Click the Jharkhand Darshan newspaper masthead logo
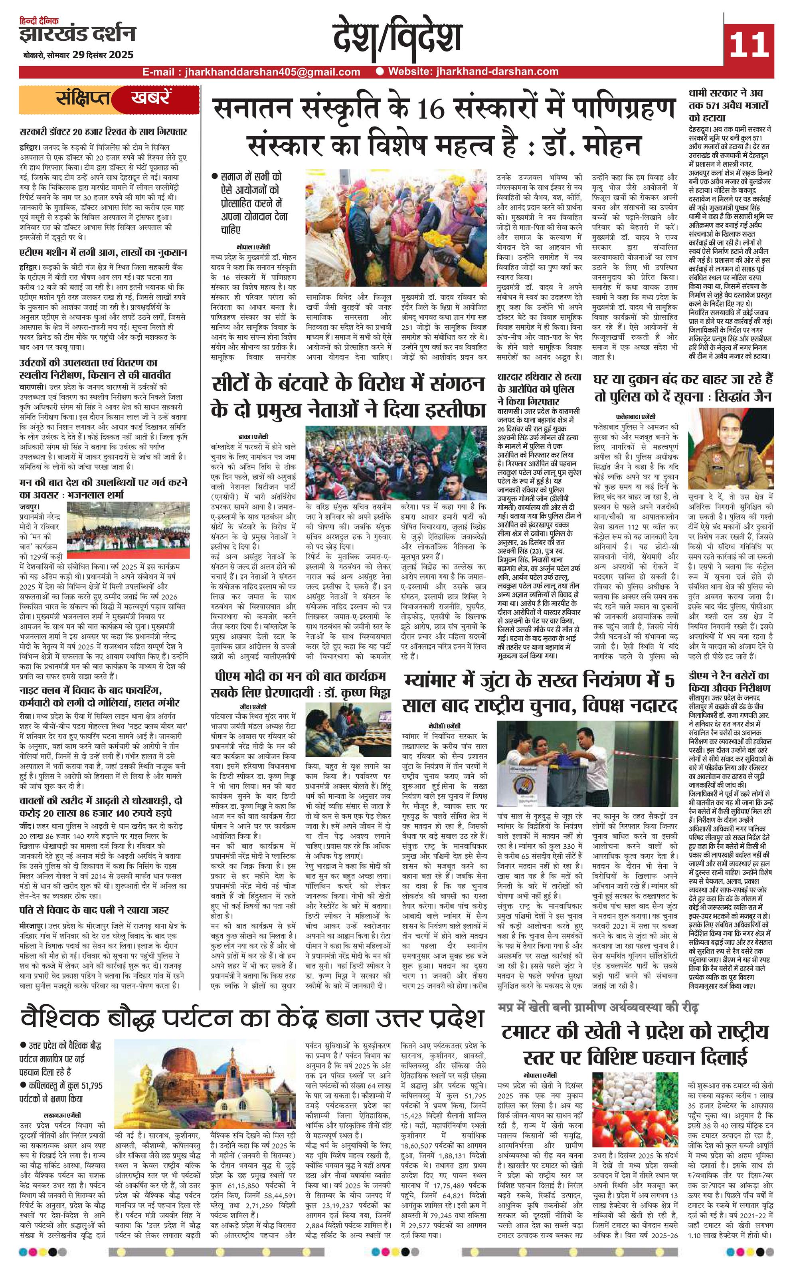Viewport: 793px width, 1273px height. [x=77, y=34]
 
